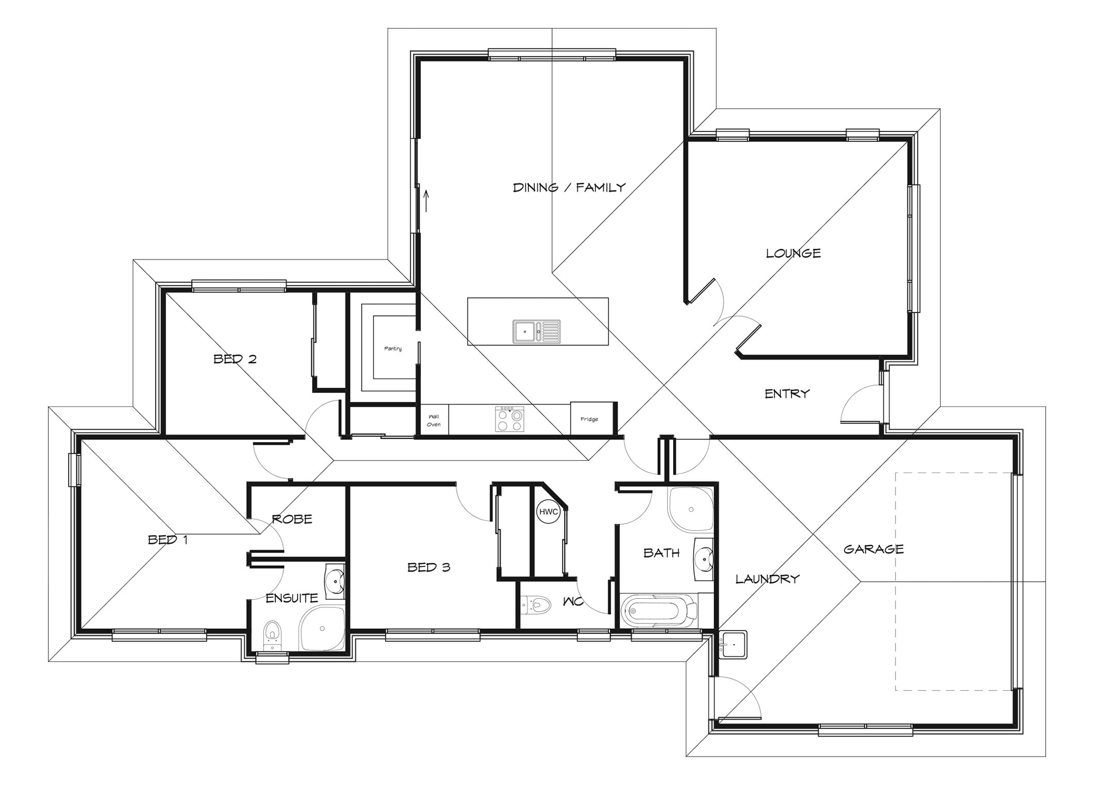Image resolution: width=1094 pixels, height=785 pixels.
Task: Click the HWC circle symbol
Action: pos(548,512)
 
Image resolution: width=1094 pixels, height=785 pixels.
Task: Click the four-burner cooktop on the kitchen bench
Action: pos(509,419)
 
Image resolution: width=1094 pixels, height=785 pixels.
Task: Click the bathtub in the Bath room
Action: pos(659,611)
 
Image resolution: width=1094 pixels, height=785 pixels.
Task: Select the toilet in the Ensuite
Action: pos(272,635)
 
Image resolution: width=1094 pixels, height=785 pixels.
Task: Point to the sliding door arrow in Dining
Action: pos(426,201)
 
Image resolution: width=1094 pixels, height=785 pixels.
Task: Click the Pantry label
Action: pos(393,349)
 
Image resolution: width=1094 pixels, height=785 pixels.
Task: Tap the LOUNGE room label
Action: pos(793,253)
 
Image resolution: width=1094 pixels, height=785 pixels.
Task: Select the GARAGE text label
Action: pos(873,549)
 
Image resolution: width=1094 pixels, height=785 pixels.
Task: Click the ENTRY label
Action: pos(787,394)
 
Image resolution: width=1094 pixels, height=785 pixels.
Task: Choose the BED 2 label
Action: pos(235,359)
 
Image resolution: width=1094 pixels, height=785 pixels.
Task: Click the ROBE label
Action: pos(292,519)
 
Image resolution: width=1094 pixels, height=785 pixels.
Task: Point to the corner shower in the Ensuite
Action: pos(322,628)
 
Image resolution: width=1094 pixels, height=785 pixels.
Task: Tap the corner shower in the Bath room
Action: pos(691,510)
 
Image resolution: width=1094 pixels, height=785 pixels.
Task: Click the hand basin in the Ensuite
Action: pos(335,581)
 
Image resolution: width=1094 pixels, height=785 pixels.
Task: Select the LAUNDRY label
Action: pos(767,579)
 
